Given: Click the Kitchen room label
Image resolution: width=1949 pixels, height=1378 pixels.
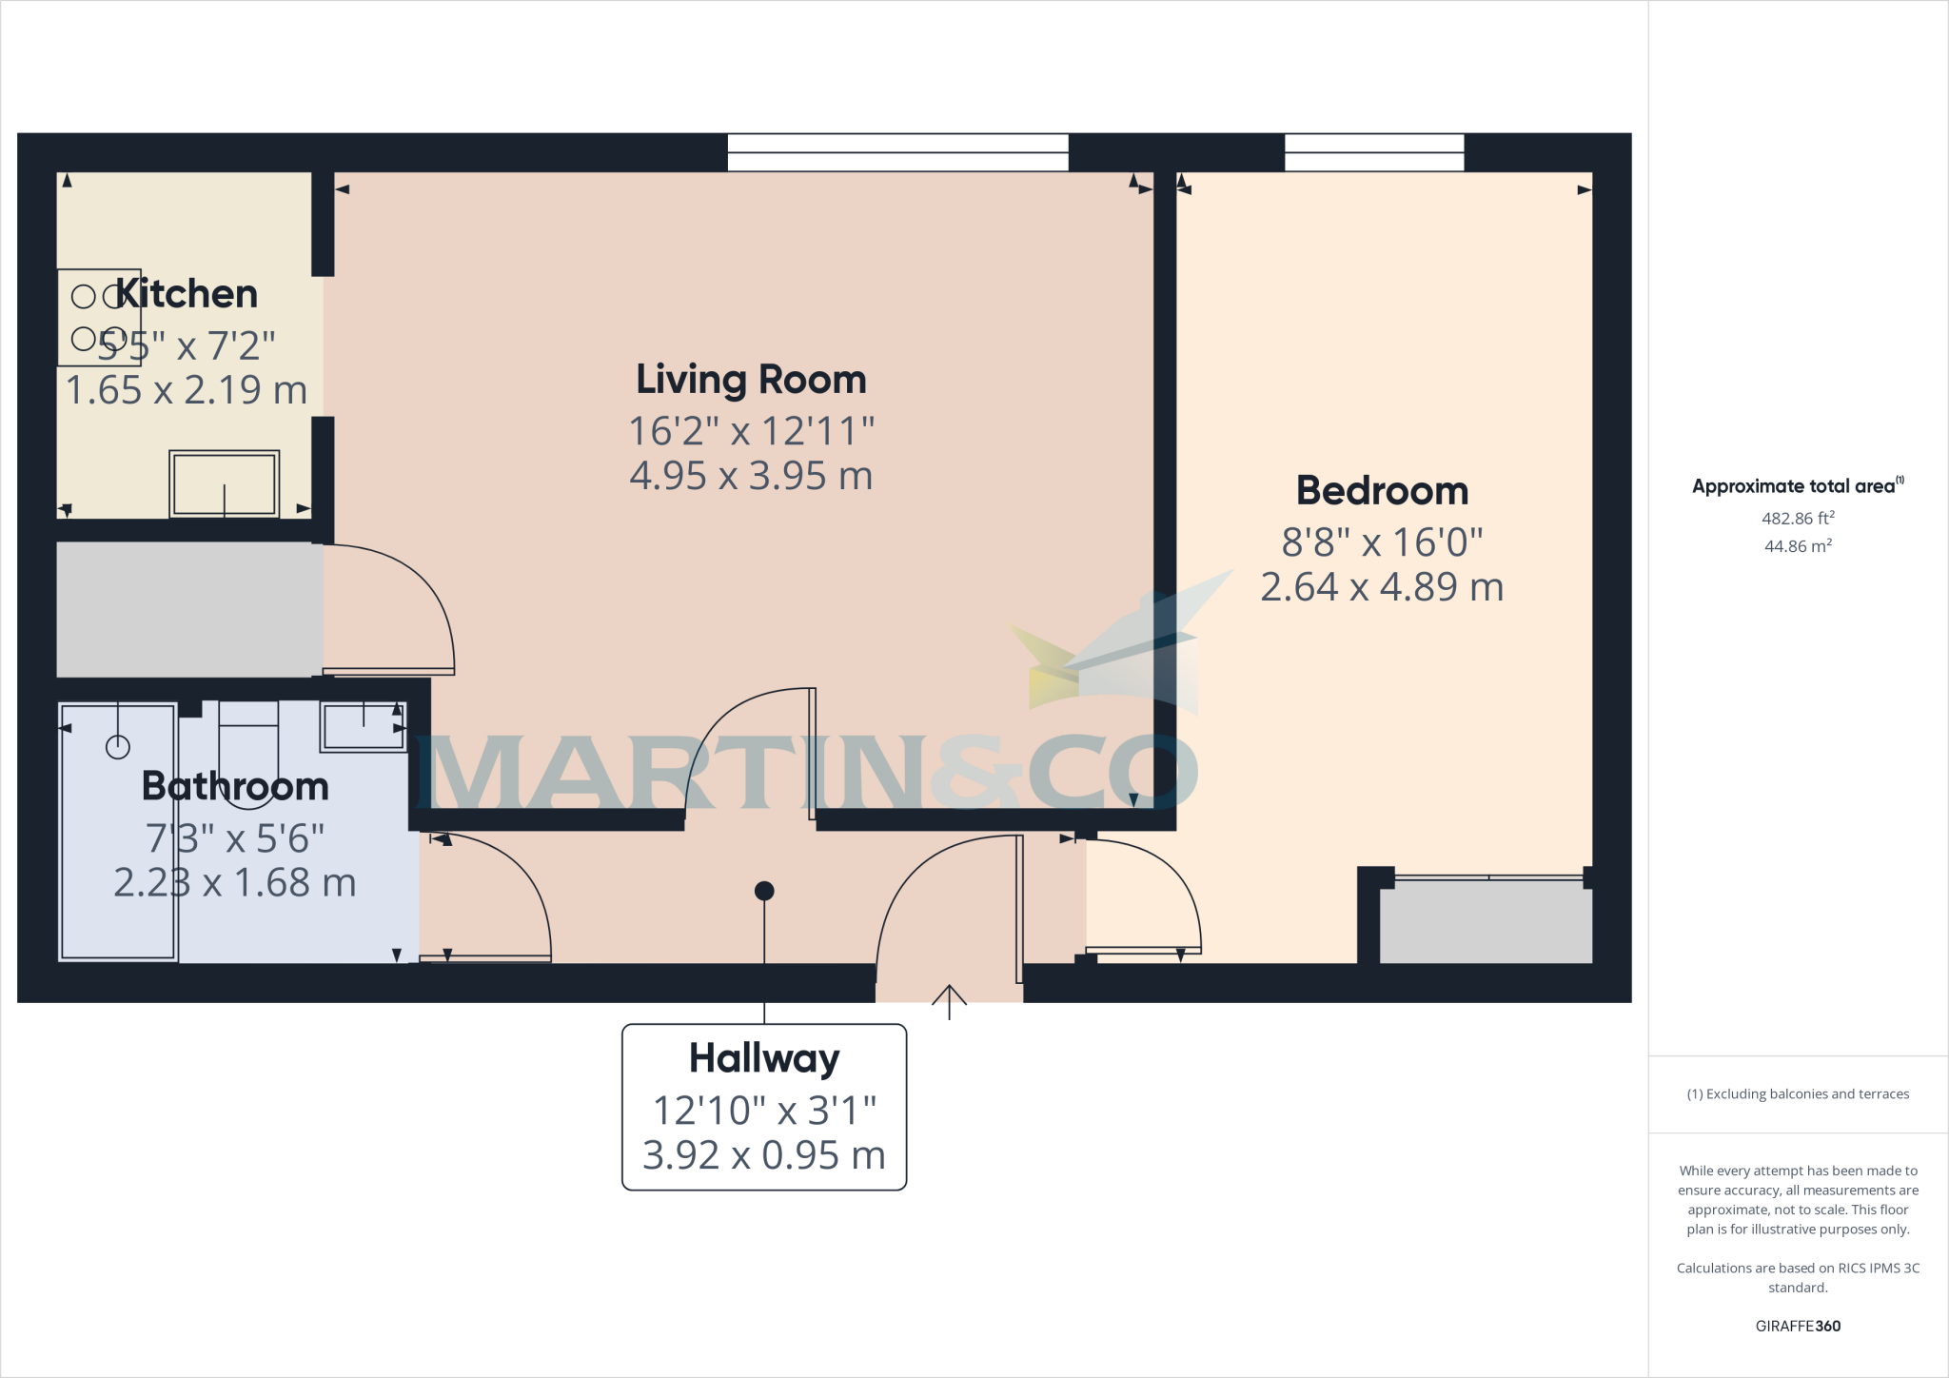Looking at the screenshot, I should click(x=187, y=294).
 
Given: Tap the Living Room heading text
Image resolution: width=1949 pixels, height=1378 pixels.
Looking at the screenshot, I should click(x=751, y=380).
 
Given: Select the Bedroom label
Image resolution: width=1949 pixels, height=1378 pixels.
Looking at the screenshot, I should click(x=1382, y=491).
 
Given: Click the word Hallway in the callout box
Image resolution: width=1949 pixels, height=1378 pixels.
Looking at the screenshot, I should click(x=764, y=1058).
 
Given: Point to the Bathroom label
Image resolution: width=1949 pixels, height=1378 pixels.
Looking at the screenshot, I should click(x=235, y=786).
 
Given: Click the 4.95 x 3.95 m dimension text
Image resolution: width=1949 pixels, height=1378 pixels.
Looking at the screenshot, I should click(x=751, y=476).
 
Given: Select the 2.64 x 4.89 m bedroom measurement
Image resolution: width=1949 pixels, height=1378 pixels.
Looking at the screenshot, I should click(x=1382, y=587).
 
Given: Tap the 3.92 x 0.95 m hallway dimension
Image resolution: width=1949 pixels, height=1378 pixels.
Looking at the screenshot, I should click(x=764, y=1155).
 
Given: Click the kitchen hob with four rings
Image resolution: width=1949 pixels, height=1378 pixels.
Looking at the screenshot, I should click(x=99, y=317).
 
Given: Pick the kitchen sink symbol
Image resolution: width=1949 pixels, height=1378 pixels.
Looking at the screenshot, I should click(x=225, y=483).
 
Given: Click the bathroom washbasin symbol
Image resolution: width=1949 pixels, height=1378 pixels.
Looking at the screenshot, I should click(x=363, y=727).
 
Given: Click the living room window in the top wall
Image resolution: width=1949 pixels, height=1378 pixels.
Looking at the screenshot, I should click(x=897, y=152).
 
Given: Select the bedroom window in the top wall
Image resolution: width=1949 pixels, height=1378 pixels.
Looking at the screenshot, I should click(x=1374, y=152).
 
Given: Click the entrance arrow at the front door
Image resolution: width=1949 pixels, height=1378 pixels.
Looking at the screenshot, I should click(x=949, y=999).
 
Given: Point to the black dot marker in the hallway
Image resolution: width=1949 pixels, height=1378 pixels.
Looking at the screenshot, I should click(x=764, y=891).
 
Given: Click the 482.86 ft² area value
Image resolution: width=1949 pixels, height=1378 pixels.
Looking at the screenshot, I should click(x=1798, y=519).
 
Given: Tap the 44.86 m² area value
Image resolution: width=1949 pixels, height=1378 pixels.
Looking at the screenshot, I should click(x=1798, y=546).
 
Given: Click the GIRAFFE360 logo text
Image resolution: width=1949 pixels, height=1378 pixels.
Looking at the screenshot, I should click(x=1798, y=1326).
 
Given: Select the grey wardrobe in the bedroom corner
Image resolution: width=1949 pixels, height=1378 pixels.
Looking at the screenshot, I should click(x=1486, y=921).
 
